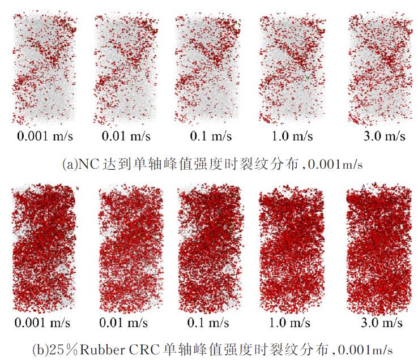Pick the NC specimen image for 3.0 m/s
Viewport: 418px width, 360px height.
click(378, 69)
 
